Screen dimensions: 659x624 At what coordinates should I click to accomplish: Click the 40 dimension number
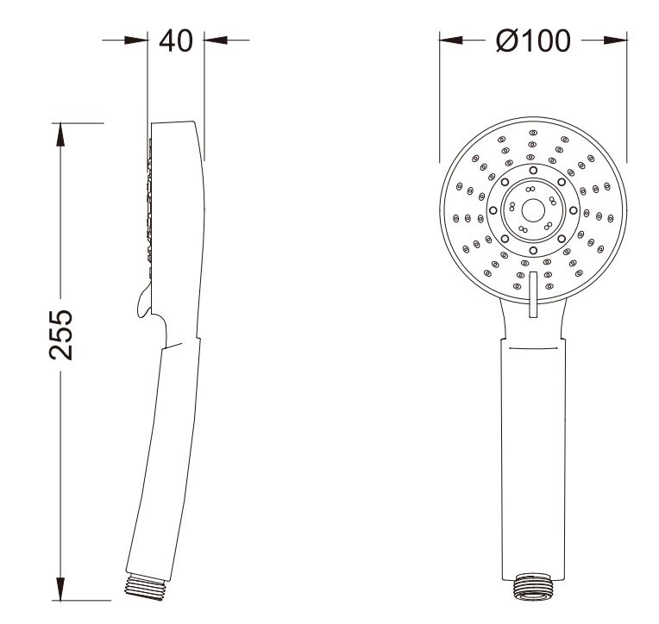(x=176, y=41)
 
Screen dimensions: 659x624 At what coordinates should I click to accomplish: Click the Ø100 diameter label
(x=533, y=41)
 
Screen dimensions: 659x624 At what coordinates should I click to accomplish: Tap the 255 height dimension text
(x=61, y=334)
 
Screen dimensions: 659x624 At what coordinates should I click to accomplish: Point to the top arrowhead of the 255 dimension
(x=61, y=134)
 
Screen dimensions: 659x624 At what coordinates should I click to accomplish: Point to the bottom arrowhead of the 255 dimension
(x=61, y=589)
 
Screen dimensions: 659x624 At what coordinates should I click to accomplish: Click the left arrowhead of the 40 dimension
(x=136, y=41)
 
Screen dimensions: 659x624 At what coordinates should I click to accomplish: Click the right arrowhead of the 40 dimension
(x=216, y=41)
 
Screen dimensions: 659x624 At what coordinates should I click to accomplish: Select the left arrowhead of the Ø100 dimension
(x=451, y=41)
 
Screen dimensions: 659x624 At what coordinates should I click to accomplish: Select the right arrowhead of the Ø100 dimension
(x=615, y=41)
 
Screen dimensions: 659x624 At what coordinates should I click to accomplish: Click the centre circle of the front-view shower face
(x=533, y=210)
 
